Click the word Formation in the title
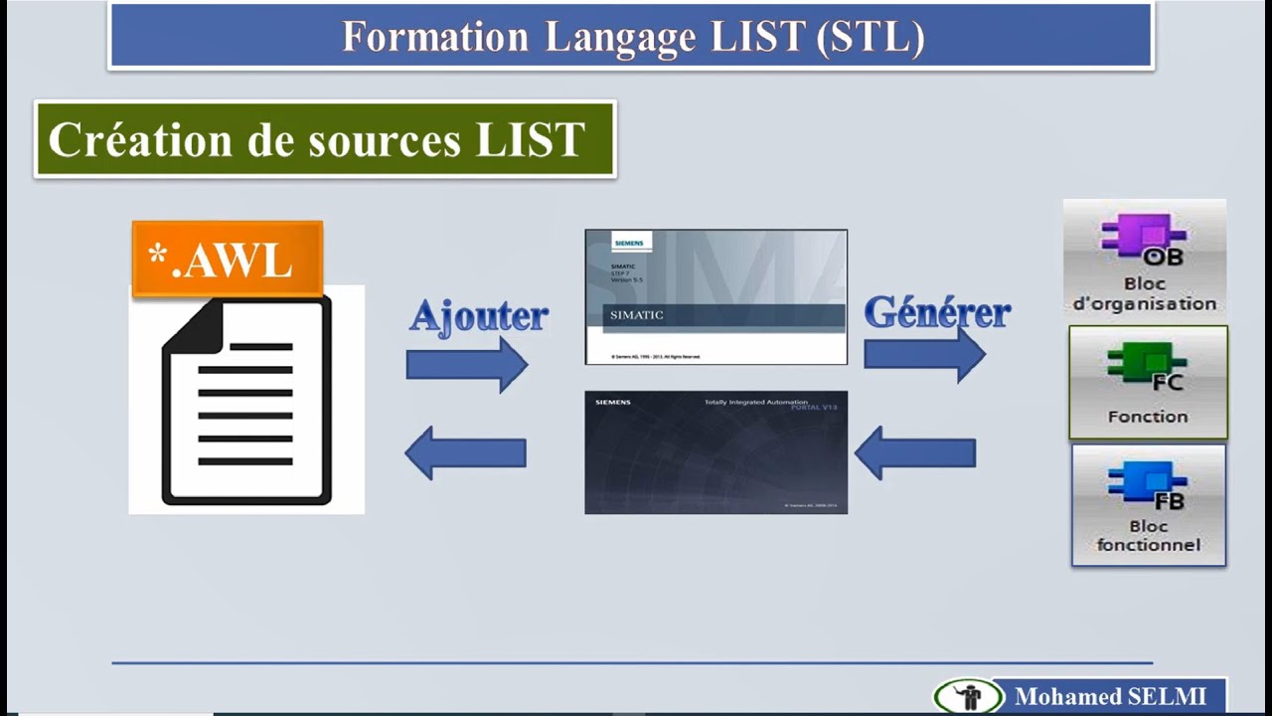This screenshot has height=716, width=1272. (x=434, y=37)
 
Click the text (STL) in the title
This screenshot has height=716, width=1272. (x=870, y=37)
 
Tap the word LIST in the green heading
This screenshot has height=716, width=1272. (x=530, y=139)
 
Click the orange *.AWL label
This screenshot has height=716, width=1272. (x=228, y=260)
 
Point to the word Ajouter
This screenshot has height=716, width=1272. (x=478, y=315)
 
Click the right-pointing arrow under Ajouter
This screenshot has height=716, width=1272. (x=466, y=364)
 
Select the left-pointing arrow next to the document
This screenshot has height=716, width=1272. (x=465, y=453)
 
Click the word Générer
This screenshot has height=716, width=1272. (x=936, y=312)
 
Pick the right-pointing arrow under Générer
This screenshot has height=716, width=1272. (x=923, y=354)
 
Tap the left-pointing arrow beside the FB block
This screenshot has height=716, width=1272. (x=915, y=453)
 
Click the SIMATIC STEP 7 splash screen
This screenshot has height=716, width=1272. (x=715, y=296)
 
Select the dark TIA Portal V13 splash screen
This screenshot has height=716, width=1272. (x=715, y=452)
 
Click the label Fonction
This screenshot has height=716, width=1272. (x=1148, y=417)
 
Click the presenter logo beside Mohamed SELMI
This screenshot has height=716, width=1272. (x=967, y=696)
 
